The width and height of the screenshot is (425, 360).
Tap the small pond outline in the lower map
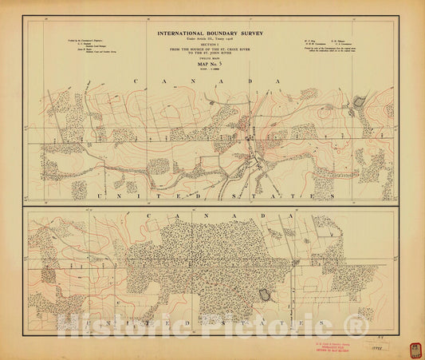[265, 295]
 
